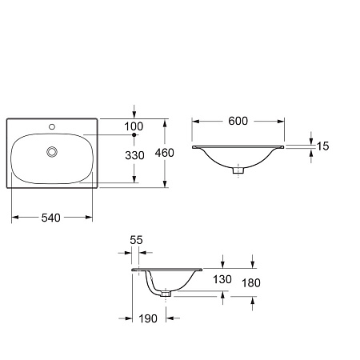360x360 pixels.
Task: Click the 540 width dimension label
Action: (x=51, y=218)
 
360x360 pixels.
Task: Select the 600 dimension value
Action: (x=238, y=121)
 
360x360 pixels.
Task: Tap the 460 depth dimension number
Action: (x=165, y=153)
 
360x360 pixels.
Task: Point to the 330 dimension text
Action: (x=134, y=155)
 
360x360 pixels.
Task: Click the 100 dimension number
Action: (x=134, y=126)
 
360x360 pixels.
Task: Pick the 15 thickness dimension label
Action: (x=322, y=146)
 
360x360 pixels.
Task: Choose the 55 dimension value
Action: (x=136, y=240)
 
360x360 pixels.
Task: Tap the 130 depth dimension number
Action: (x=222, y=279)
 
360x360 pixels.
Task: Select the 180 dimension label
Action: (x=251, y=283)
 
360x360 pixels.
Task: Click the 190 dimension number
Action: (x=148, y=318)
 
